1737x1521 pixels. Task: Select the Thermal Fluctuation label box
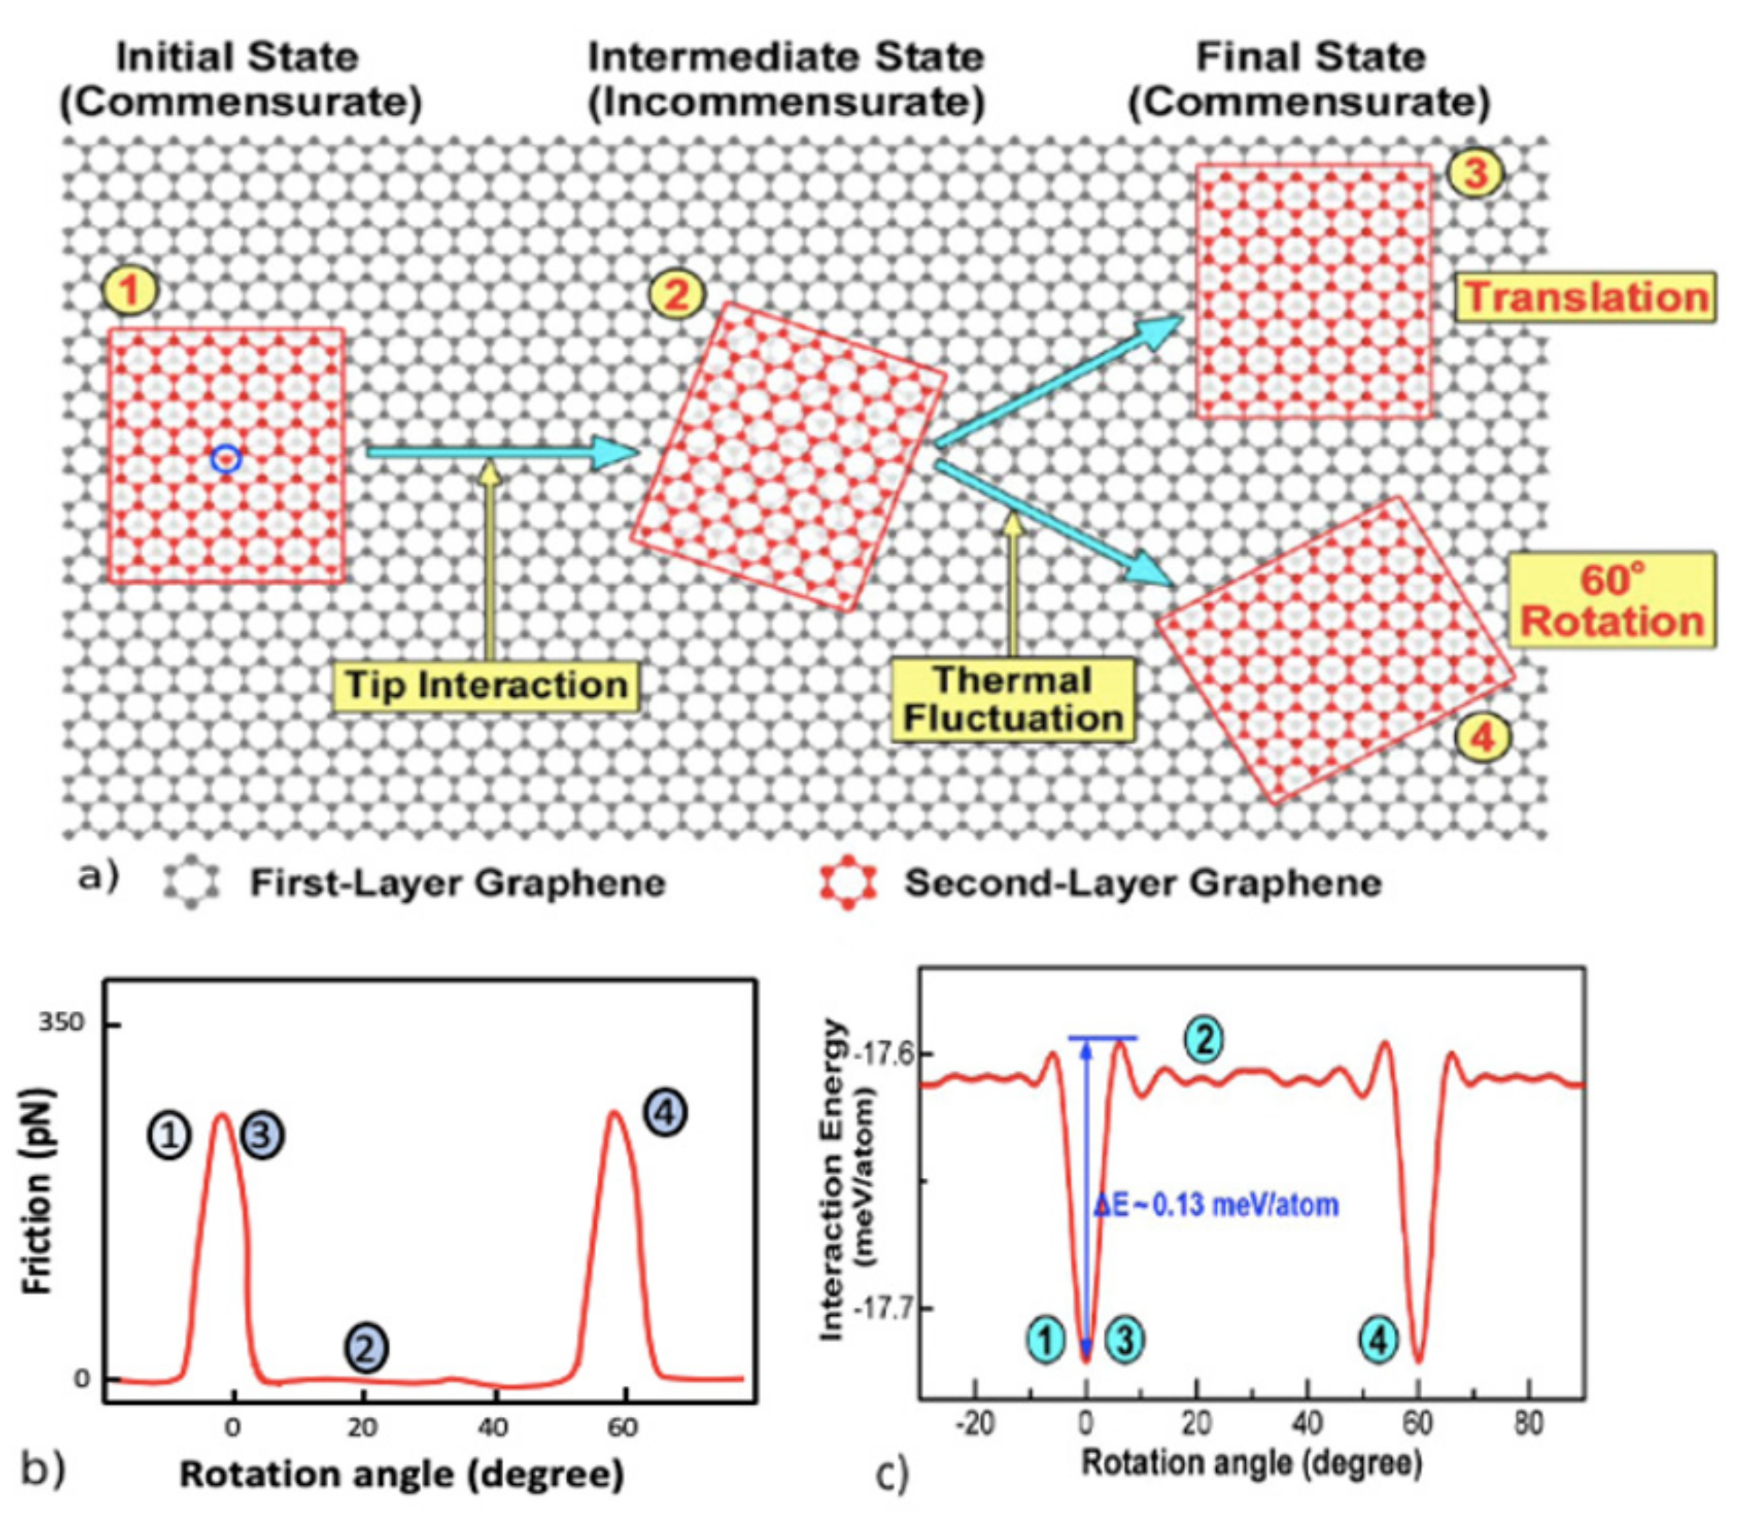1012,700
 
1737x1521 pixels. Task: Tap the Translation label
1586,297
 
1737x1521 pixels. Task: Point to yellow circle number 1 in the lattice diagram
130,291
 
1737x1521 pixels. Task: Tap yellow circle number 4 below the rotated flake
1482,737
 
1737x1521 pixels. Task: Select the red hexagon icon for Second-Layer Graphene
847,883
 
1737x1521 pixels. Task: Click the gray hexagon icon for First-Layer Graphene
192,883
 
